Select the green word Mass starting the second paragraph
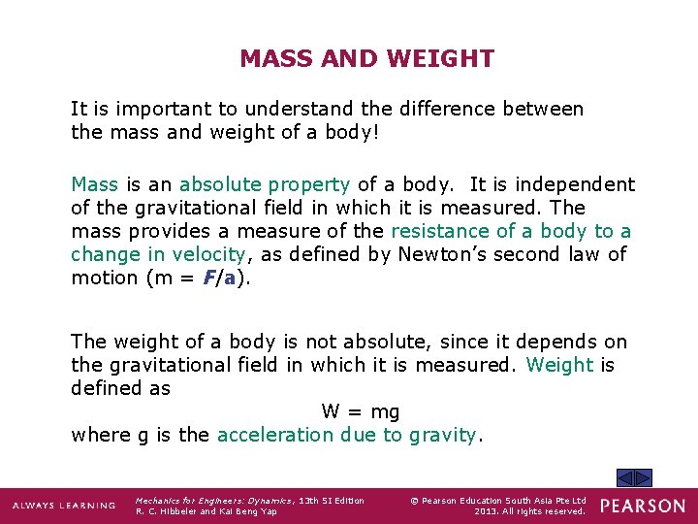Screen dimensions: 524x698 94,184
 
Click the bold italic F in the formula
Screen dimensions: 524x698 209,278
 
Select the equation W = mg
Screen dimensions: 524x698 361,411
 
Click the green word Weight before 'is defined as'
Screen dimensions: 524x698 559,365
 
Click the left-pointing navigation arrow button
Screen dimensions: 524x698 625,477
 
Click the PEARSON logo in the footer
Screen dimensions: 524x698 642,506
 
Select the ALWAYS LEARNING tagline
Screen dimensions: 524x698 63,506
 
